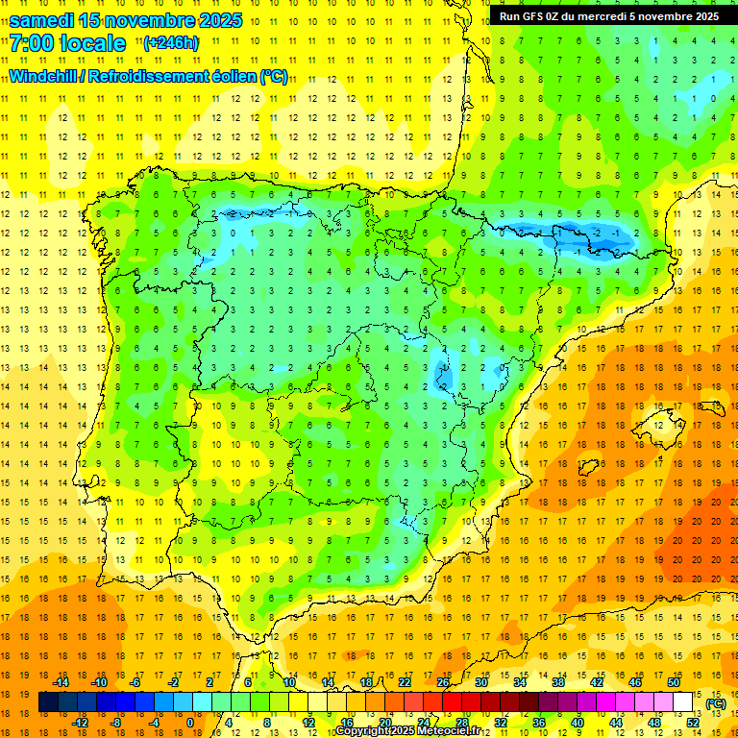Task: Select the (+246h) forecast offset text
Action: pos(170,43)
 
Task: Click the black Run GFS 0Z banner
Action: pos(608,16)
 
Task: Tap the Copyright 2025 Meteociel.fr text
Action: pos(407,731)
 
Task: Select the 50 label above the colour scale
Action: pos(674,682)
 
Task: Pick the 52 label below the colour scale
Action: pos(693,723)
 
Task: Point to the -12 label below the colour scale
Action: pos(80,723)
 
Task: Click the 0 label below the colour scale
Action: pos(190,723)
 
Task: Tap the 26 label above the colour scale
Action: pos(443,682)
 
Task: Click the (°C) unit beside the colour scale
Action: pos(716,703)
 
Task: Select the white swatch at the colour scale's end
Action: pos(683,702)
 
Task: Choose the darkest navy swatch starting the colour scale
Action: pos(48,702)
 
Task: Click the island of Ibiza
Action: pos(587,468)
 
